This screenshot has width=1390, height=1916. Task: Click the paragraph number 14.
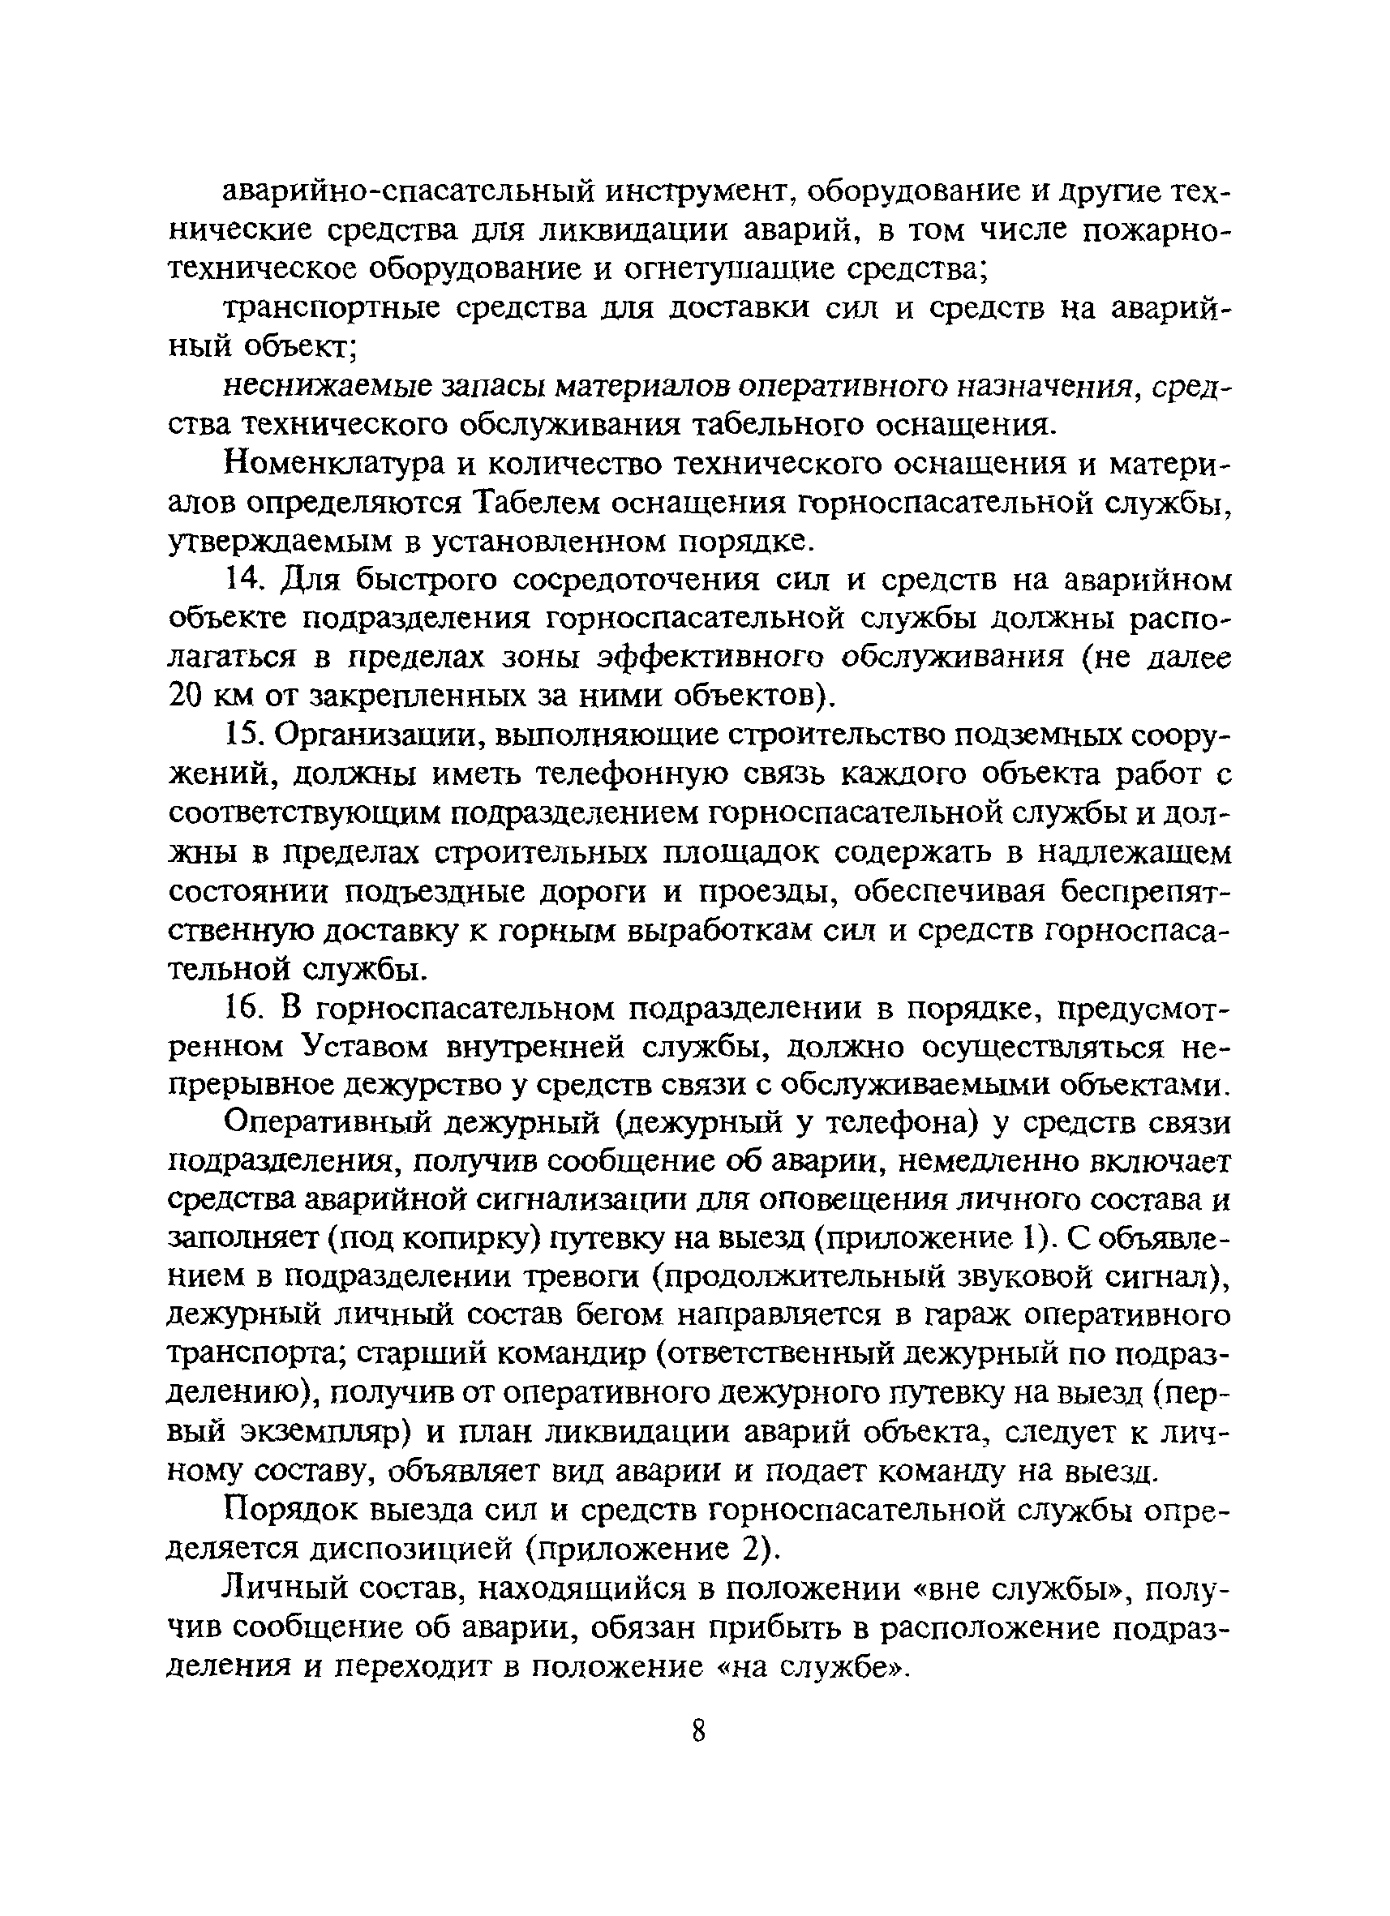(x=242, y=581)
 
